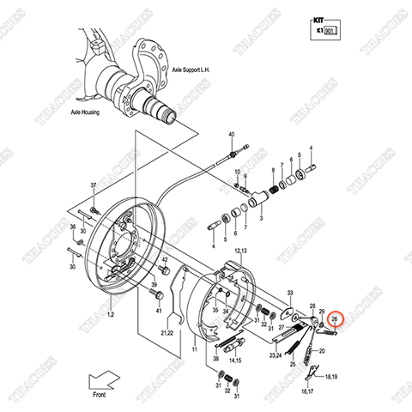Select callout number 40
click(x=231, y=136)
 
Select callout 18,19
click(x=330, y=375)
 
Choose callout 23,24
click(x=276, y=354)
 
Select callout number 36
click(x=72, y=227)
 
